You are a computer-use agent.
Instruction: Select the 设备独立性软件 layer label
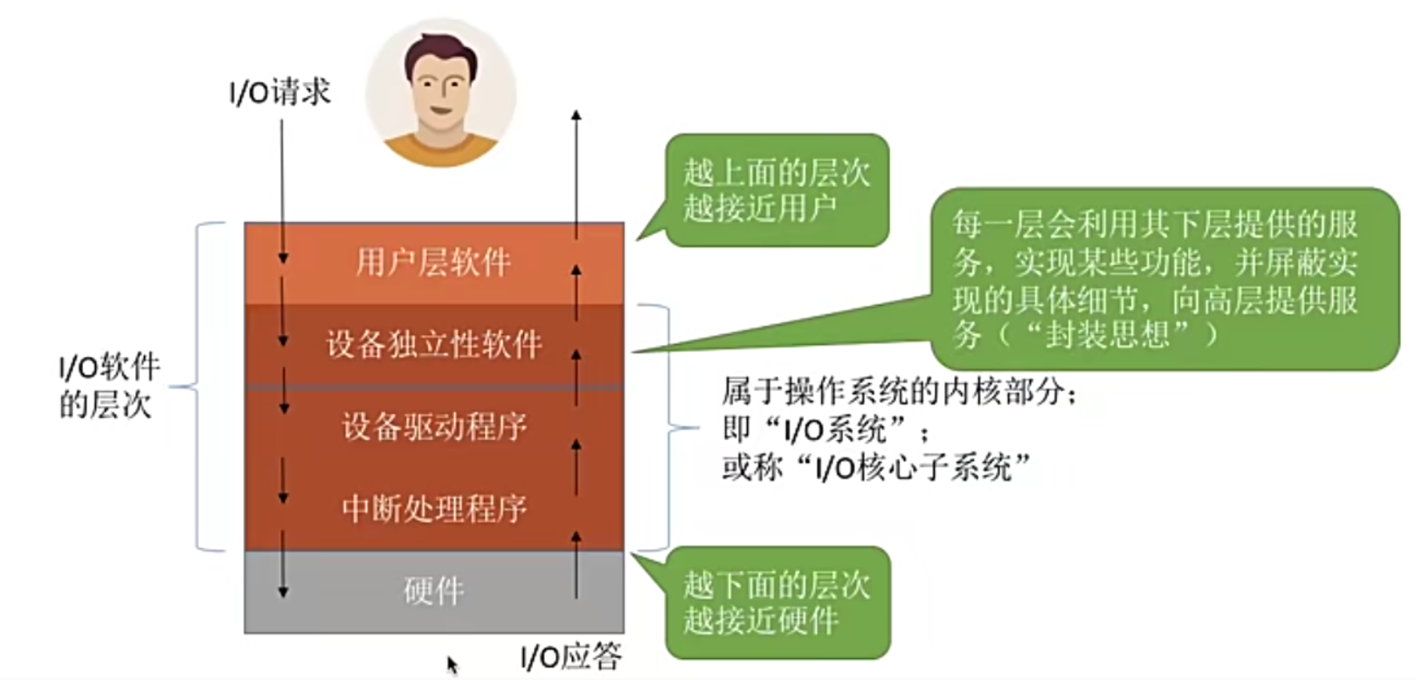click(433, 345)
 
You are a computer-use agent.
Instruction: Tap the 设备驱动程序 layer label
click(433, 427)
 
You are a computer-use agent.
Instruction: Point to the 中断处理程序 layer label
click(433, 508)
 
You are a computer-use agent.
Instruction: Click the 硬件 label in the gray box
click(433, 592)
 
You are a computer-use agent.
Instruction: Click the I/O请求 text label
click(280, 92)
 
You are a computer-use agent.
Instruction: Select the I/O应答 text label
click(570, 656)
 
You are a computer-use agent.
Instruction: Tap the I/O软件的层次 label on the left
click(108, 386)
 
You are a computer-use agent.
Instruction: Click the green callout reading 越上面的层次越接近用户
click(776, 190)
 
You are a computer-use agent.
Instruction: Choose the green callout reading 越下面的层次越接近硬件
click(776, 602)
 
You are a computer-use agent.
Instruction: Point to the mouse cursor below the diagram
click(452, 665)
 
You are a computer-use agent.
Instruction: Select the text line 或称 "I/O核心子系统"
click(875, 468)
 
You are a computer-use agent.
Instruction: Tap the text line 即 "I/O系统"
click(825, 429)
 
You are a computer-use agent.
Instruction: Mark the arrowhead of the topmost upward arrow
click(576, 115)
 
